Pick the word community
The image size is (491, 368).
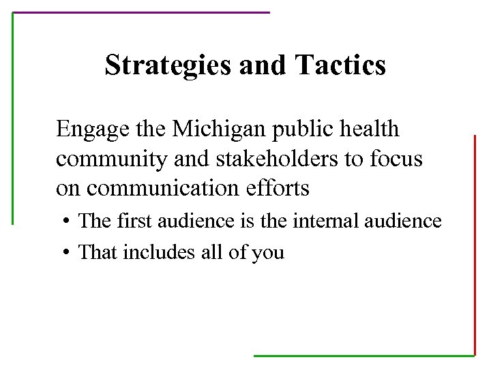click(x=112, y=159)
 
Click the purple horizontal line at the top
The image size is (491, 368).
click(x=141, y=12)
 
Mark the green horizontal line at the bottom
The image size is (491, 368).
click(x=363, y=355)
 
